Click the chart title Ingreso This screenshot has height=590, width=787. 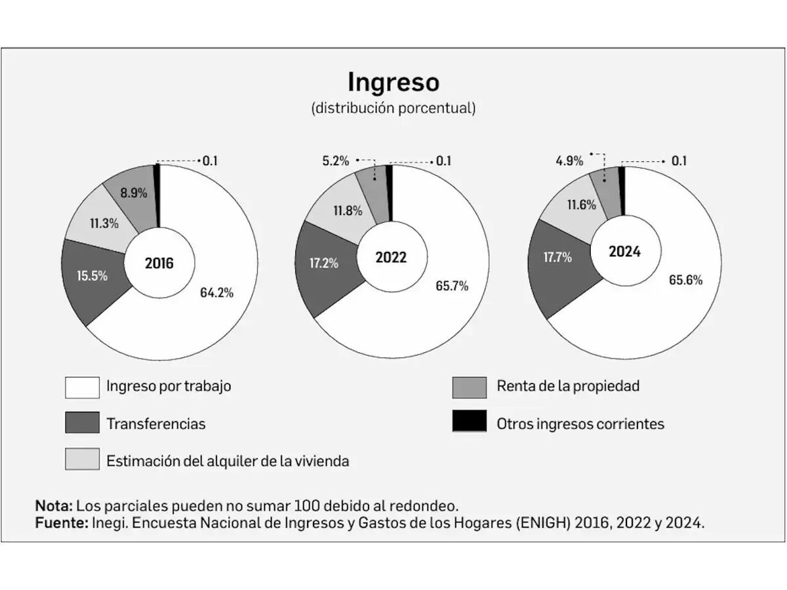[x=393, y=83]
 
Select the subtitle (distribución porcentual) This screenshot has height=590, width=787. [x=393, y=108]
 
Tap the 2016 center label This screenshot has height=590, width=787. [x=159, y=264]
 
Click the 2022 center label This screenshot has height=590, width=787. [x=391, y=258]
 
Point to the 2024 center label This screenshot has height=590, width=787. [x=624, y=252]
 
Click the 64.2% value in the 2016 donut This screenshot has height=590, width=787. [x=216, y=293]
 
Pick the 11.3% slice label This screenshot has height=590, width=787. [x=104, y=223]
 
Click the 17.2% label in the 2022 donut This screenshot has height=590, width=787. [x=324, y=264]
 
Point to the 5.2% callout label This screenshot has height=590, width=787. [x=335, y=161]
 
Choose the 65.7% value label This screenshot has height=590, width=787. [x=451, y=286]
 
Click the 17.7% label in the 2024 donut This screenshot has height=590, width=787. [x=557, y=258]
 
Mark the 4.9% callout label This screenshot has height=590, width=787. [x=569, y=161]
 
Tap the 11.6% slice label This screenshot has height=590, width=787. [x=581, y=205]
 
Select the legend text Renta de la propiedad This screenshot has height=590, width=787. [x=568, y=386]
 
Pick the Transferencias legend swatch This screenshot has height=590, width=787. [x=82, y=423]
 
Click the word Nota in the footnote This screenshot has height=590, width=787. [x=54, y=506]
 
